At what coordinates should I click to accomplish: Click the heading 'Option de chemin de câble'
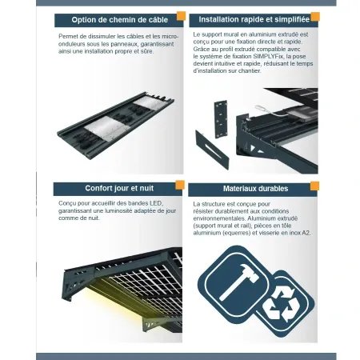[x=120, y=20]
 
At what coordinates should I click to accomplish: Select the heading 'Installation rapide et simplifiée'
[x=254, y=19]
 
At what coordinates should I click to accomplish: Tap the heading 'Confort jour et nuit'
[x=119, y=188]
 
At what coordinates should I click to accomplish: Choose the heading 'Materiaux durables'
[x=255, y=189]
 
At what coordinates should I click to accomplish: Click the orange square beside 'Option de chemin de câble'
[x=181, y=16]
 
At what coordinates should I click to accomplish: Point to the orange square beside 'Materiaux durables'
[x=314, y=186]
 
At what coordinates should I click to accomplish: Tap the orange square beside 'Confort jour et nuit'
[x=180, y=185]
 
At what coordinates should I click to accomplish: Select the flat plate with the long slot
[x=212, y=150]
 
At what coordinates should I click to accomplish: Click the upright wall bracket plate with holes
[x=221, y=119]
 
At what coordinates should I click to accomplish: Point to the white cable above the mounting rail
[x=270, y=110]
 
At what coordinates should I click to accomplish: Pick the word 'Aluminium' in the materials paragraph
[x=261, y=218]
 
